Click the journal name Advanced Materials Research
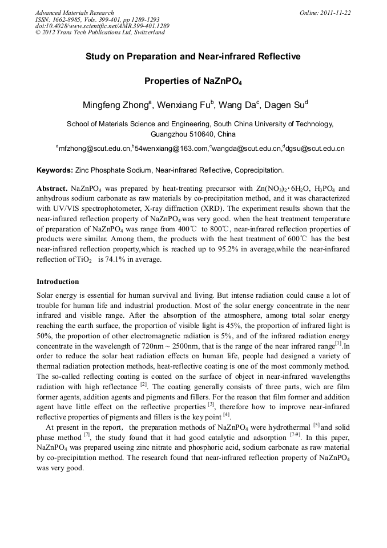pyautogui.click(x=74, y=13)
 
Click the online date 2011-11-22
pyautogui.click(x=334, y=13)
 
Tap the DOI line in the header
pyautogui.click(x=102, y=26)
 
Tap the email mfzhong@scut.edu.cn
pyautogui.click(x=94, y=149)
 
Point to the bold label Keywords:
pyautogui.click(x=55, y=170)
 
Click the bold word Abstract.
pyautogui.click(x=52, y=188)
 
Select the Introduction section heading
pyautogui.click(x=58, y=282)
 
